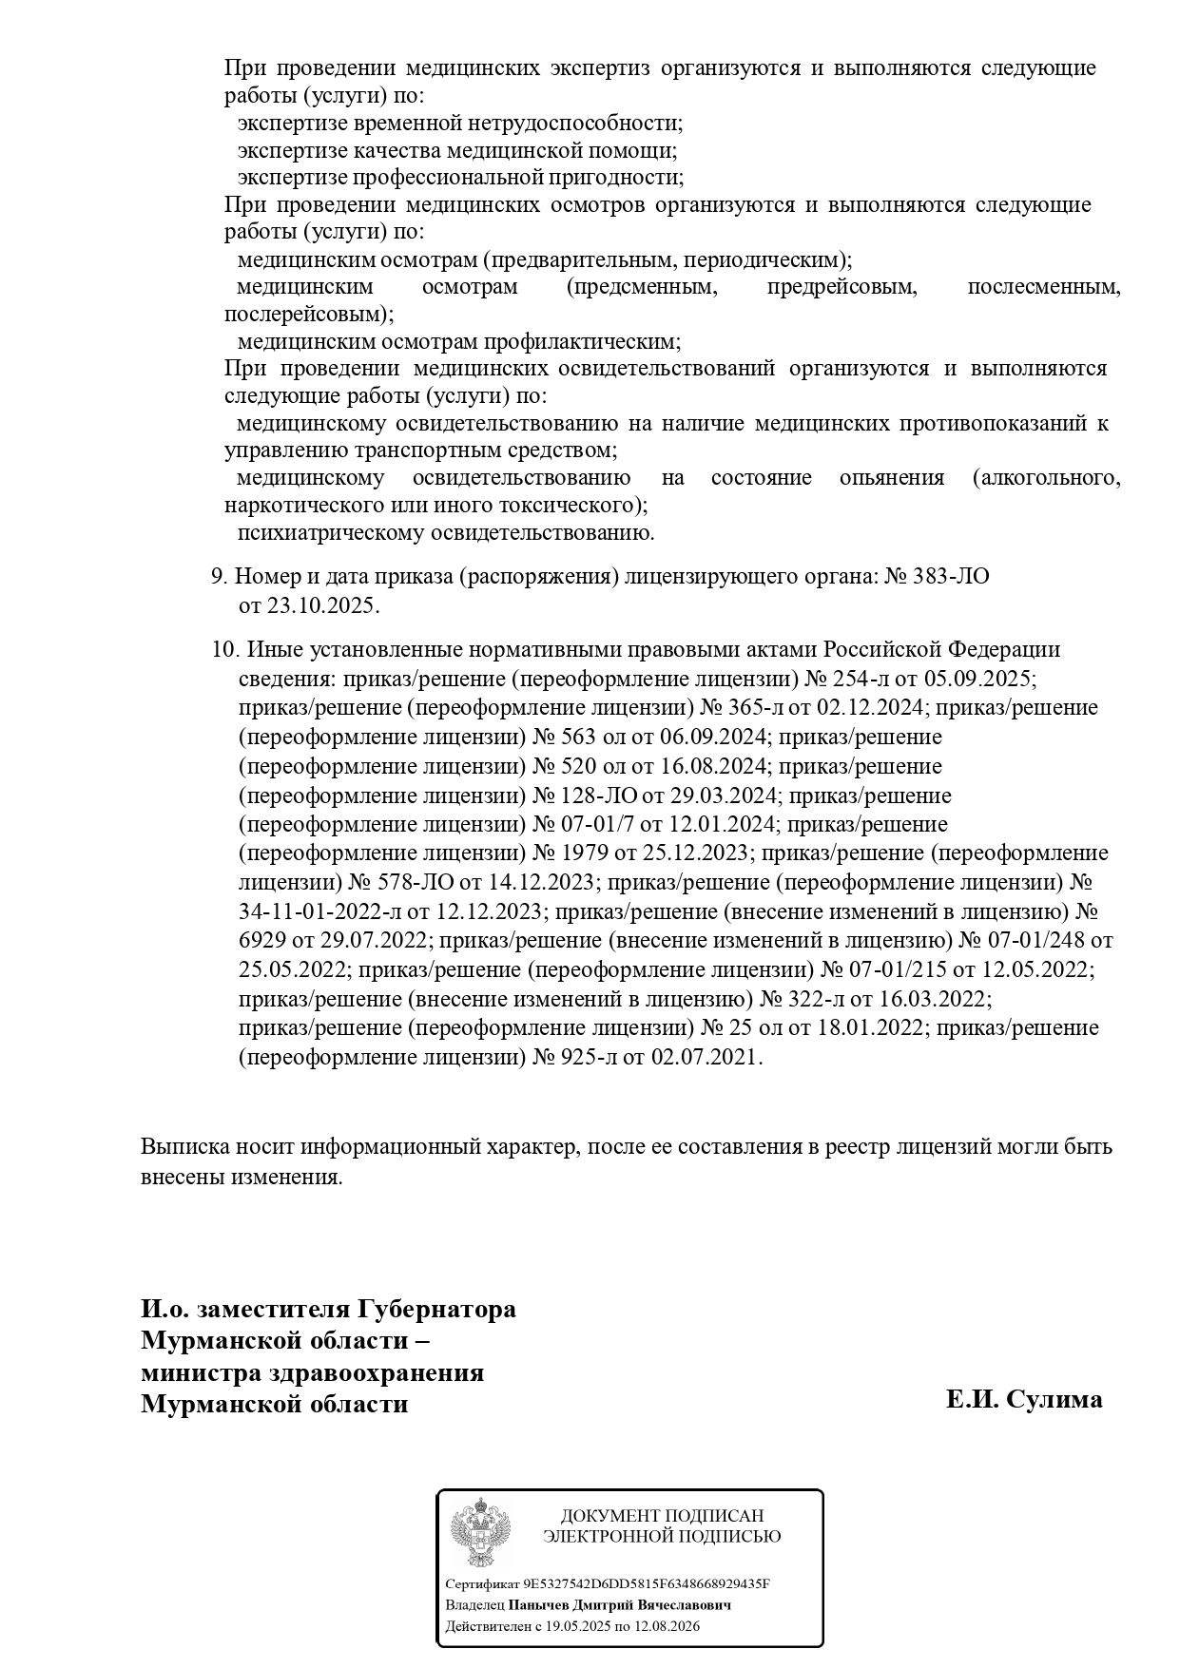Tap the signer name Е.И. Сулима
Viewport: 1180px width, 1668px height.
[1024, 1399]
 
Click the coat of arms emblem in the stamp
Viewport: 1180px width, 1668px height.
[480, 1533]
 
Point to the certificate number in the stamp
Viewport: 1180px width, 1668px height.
[647, 1583]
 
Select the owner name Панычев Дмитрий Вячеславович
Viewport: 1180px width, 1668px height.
[620, 1605]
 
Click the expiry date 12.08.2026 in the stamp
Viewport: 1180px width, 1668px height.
[664, 1626]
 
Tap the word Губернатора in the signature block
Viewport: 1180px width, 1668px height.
[436, 1309]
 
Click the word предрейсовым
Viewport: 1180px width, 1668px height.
[841, 287]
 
